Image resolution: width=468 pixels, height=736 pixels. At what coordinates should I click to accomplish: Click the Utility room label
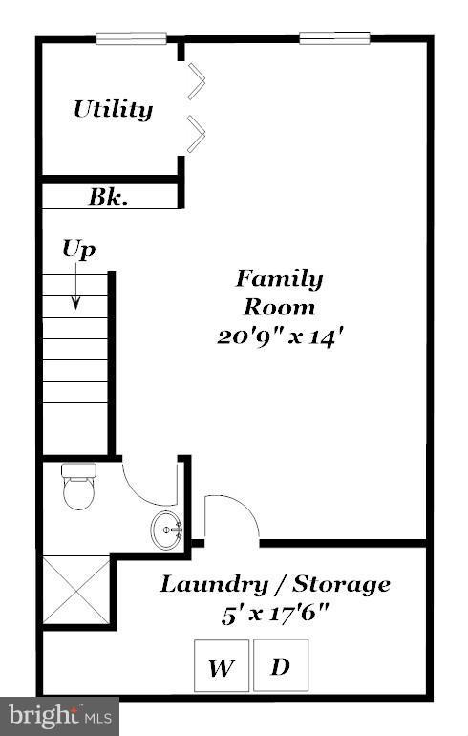(x=113, y=109)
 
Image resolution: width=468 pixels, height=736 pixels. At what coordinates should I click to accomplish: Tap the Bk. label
(x=109, y=198)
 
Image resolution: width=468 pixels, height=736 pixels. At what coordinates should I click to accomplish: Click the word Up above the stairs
(x=78, y=249)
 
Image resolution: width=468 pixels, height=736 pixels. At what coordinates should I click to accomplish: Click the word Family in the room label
(x=279, y=278)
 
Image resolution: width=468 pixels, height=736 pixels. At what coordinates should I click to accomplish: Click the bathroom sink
(x=166, y=527)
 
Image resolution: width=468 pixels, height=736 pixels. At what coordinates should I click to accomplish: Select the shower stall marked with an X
(x=77, y=591)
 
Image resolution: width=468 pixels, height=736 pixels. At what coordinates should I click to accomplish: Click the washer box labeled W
(x=222, y=665)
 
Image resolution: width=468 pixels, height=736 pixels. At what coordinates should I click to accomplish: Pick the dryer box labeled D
(x=281, y=663)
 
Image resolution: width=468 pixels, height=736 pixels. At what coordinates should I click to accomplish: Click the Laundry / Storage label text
(x=275, y=583)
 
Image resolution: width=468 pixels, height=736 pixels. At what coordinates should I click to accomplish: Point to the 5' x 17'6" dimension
(x=275, y=613)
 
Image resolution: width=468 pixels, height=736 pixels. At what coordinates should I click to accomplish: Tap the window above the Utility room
(x=131, y=39)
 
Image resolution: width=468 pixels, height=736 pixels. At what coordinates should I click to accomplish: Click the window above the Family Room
(x=334, y=39)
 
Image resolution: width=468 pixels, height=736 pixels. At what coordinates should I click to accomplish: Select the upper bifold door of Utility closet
(x=196, y=81)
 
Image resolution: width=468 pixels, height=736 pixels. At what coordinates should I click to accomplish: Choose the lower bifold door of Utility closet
(x=196, y=134)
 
